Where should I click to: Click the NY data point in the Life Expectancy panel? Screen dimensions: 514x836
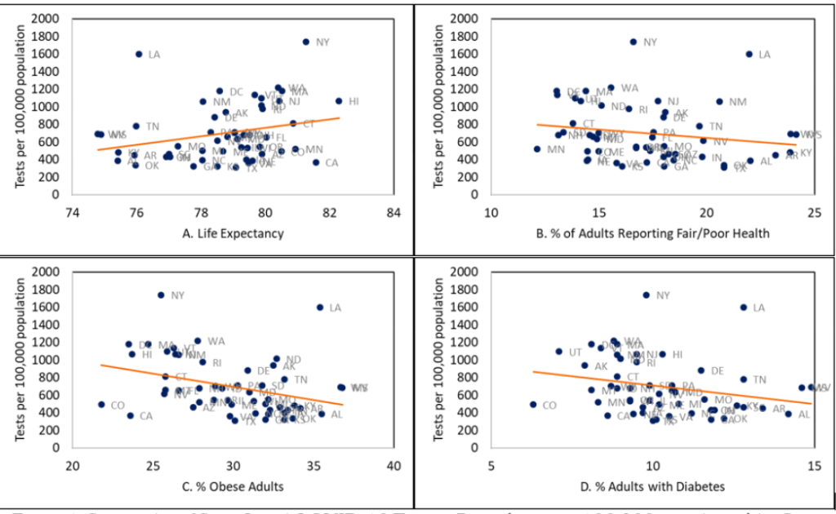(x=306, y=42)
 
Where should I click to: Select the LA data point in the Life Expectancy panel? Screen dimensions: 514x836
(x=139, y=55)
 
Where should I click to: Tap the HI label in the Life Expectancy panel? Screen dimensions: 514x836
(x=354, y=102)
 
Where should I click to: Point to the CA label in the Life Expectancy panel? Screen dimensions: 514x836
(x=331, y=163)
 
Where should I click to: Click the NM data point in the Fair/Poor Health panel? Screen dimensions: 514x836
(x=719, y=102)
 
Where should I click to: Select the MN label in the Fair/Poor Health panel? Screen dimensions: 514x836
(x=556, y=150)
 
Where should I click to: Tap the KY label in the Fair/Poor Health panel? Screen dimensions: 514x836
(x=806, y=153)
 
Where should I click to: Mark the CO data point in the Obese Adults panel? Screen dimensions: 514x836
(x=101, y=405)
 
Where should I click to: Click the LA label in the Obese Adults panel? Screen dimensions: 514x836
(x=335, y=308)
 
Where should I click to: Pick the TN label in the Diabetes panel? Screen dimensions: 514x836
(x=759, y=379)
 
